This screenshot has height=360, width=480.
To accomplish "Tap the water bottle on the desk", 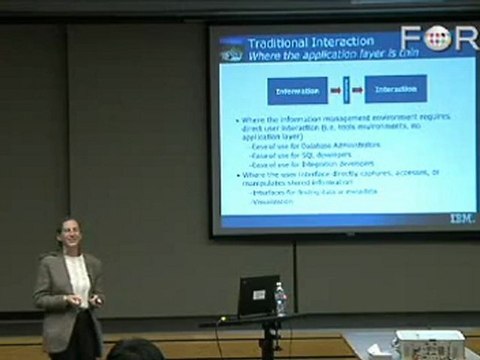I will pyautogui.click(x=279, y=298).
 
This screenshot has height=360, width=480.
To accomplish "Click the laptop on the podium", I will pyautogui.click(x=257, y=295).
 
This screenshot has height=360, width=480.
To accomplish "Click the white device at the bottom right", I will pyautogui.click(x=430, y=344).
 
